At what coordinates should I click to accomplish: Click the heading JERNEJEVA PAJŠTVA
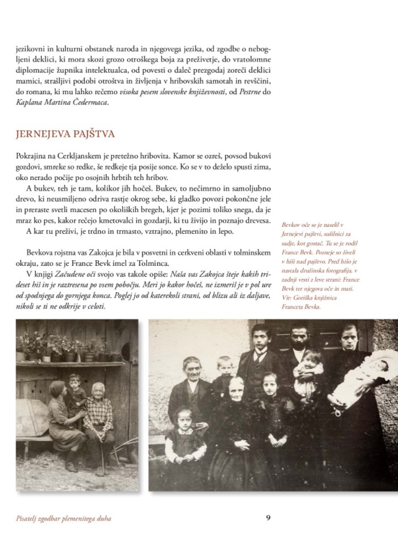coord(66,134)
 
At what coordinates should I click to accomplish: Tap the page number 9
coord(268,517)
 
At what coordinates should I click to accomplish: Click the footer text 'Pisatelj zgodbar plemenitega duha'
coord(64,518)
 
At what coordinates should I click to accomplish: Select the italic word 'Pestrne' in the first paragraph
coord(244,91)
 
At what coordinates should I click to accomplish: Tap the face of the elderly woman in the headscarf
coord(236,389)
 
